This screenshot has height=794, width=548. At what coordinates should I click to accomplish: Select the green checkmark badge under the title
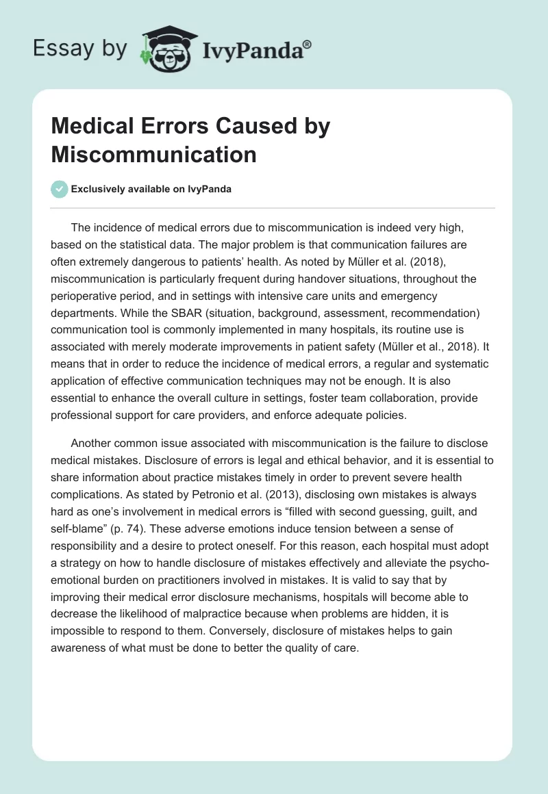coord(60,189)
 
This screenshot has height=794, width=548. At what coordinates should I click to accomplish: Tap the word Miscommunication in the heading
coord(153,155)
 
